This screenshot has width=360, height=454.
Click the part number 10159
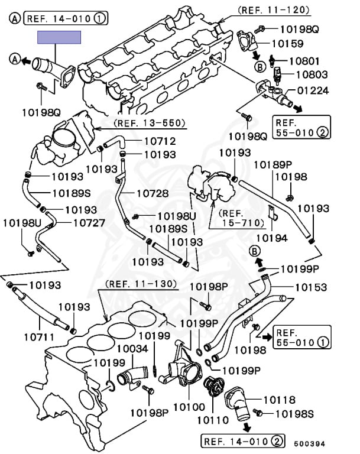point(288,43)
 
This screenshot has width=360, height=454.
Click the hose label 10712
point(144,141)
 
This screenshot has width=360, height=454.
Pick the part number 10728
point(153,193)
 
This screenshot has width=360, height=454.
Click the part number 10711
point(40,337)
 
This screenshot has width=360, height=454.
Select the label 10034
point(132,349)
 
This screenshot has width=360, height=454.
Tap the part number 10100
point(189,407)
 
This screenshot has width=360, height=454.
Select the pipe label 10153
point(311,287)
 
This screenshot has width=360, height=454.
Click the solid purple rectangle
point(59,38)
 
